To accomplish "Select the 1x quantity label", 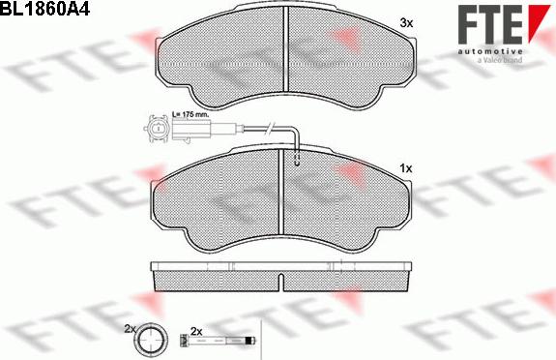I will pyautogui.click(x=405, y=168).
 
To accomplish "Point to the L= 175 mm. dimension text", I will pyautogui.click(x=191, y=114).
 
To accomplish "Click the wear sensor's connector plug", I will pyautogui.click(x=156, y=126).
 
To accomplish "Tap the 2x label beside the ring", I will pyautogui.click(x=131, y=329).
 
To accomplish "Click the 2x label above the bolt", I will pyautogui.click(x=196, y=330).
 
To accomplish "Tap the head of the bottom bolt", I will pyautogui.click(x=185, y=341).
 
